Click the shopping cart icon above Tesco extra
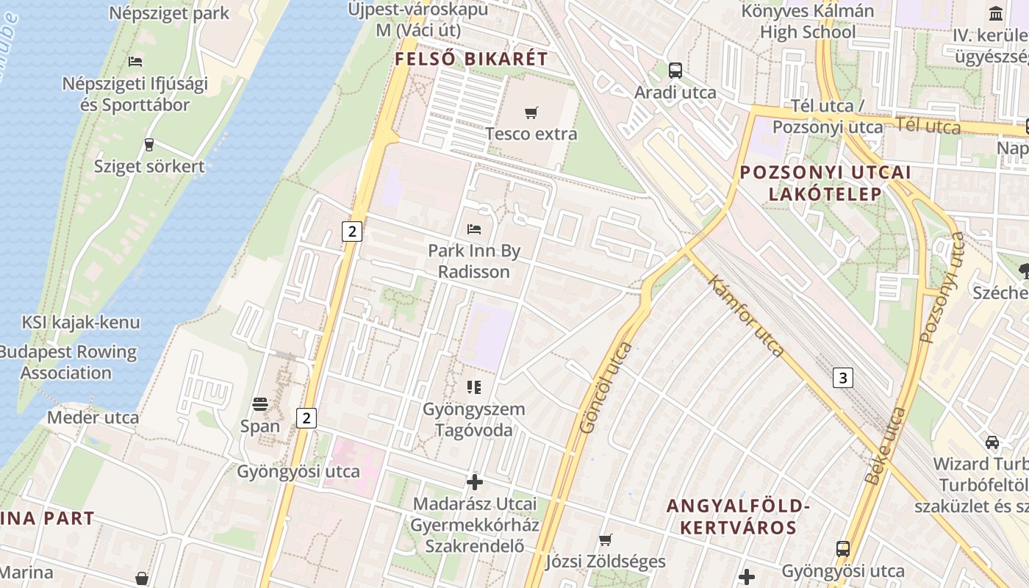tap(531, 112)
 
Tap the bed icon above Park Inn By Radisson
tap(474, 229)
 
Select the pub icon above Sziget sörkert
tap(149, 144)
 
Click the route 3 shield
tap(843, 378)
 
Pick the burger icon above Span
tap(259, 404)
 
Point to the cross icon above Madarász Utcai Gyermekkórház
tap(475, 482)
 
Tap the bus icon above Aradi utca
tap(675, 71)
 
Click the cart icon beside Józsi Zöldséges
tap(605, 540)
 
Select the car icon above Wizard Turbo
tap(992, 442)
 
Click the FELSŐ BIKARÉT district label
tap(471, 60)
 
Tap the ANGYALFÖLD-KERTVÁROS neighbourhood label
tap(738, 517)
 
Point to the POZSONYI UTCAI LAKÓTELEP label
tap(825, 183)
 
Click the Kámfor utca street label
tap(747, 315)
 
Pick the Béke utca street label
tap(886, 446)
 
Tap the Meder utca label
tap(93, 417)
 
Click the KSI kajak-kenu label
tap(81, 322)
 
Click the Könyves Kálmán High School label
tap(807, 21)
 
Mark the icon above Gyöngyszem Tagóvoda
tap(474, 387)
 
